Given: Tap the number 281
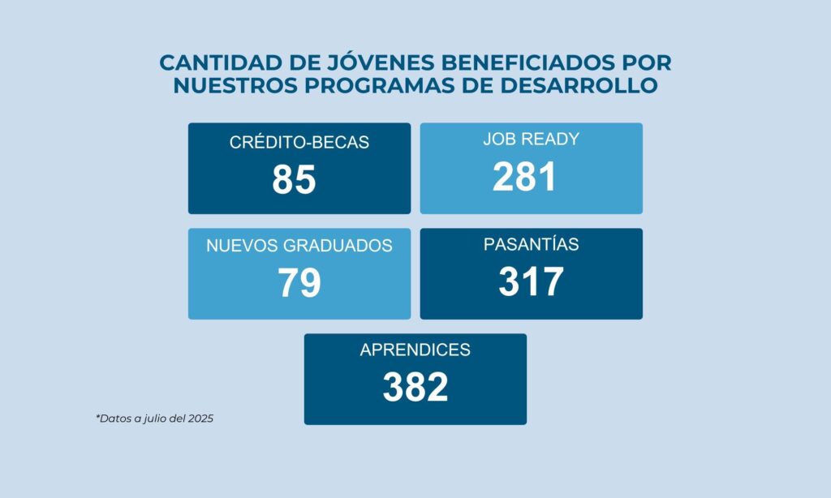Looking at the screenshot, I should click(524, 177).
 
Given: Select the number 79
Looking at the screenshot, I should click(299, 282).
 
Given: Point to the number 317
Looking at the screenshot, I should click(531, 281).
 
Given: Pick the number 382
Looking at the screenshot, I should click(415, 387).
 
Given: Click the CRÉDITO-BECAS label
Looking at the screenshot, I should click(299, 143).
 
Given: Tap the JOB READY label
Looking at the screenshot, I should click(531, 139).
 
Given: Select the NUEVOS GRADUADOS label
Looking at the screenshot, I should click(299, 246).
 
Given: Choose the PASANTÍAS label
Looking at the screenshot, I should click(531, 244).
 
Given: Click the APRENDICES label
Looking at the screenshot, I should click(415, 350).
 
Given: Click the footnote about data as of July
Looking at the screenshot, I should click(154, 419).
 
